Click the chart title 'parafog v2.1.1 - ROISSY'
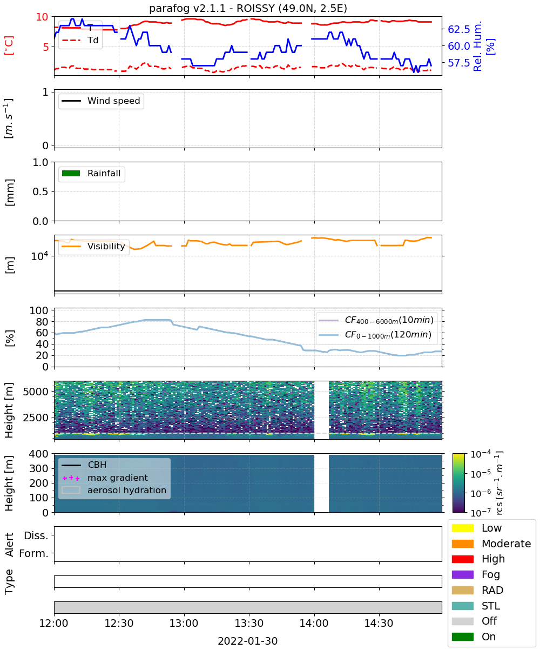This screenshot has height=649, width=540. (x=212, y=8)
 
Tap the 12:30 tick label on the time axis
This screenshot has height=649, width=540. (x=119, y=623)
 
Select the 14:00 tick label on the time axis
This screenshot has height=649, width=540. (x=314, y=623)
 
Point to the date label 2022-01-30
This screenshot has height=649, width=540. (x=248, y=640)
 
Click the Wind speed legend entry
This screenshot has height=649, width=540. (x=101, y=101)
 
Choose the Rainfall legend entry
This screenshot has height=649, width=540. (x=91, y=173)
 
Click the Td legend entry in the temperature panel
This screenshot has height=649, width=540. (x=80, y=40)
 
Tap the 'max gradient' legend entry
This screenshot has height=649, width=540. (x=105, y=478)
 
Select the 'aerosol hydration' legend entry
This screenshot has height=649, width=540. (x=114, y=490)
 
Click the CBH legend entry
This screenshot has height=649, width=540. (x=84, y=465)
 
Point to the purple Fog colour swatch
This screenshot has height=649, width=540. (x=462, y=574)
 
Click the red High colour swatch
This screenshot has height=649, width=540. (x=462, y=559)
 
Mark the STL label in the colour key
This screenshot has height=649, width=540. (x=491, y=606)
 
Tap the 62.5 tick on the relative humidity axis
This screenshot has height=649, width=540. (x=459, y=29)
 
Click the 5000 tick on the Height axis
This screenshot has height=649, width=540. (x=36, y=392)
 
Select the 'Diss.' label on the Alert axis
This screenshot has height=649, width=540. (x=36, y=535)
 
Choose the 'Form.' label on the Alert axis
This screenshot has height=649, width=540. (x=34, y=554)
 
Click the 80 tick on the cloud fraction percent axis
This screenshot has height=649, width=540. (x=42, y=322)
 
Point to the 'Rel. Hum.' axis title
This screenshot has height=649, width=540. (x=477, y=46)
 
